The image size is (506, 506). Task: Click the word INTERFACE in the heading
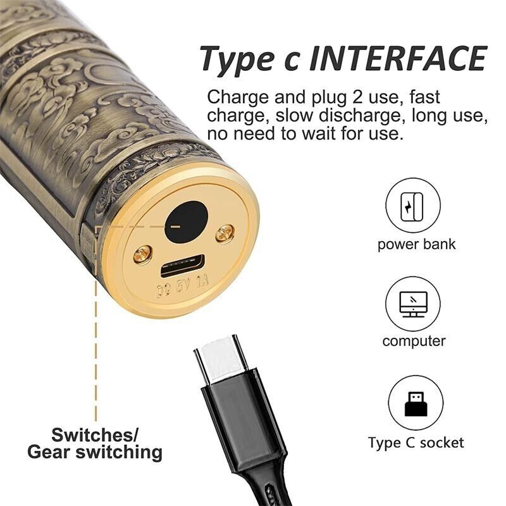click(x=398, y=58)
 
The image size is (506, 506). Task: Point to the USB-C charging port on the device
click(x=183, y=266)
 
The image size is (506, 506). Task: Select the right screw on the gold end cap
click(x=225, y=233)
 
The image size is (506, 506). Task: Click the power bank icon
click(x=413, y=206)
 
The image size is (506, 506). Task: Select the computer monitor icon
click(x=413, y=304)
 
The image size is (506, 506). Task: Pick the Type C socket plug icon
click(x=416, y=404)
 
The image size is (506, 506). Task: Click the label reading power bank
click(x=416, y=245)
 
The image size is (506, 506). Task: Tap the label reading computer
click(x=414, y=342)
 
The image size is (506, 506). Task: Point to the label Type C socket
click(x=416, y=443)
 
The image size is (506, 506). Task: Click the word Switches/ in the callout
click(x=95, y=435)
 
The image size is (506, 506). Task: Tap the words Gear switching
click(x=94, y=452)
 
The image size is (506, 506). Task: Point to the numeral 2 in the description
click(x=357, y=97)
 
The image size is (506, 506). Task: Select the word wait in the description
click(x=318, y=133)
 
